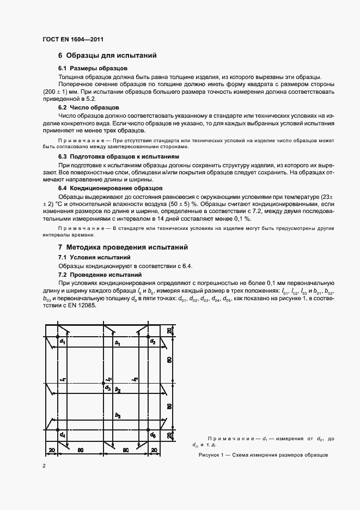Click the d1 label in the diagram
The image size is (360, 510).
click(63, 342)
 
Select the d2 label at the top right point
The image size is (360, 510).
click(154, 342)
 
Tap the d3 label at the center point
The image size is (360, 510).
click(108, 388)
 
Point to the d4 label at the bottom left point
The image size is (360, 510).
click(63, 435)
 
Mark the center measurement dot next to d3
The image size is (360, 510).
click(104, 384)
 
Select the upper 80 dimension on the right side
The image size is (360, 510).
click(169, 360)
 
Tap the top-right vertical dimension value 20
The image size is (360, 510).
click(169, 331)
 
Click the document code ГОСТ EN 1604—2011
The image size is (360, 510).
click(72, 40)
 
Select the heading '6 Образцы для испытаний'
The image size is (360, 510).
click(108, 56)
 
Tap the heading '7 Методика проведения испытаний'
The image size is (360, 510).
click(123, 247)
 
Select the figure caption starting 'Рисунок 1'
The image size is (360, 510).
click(263, 454)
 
